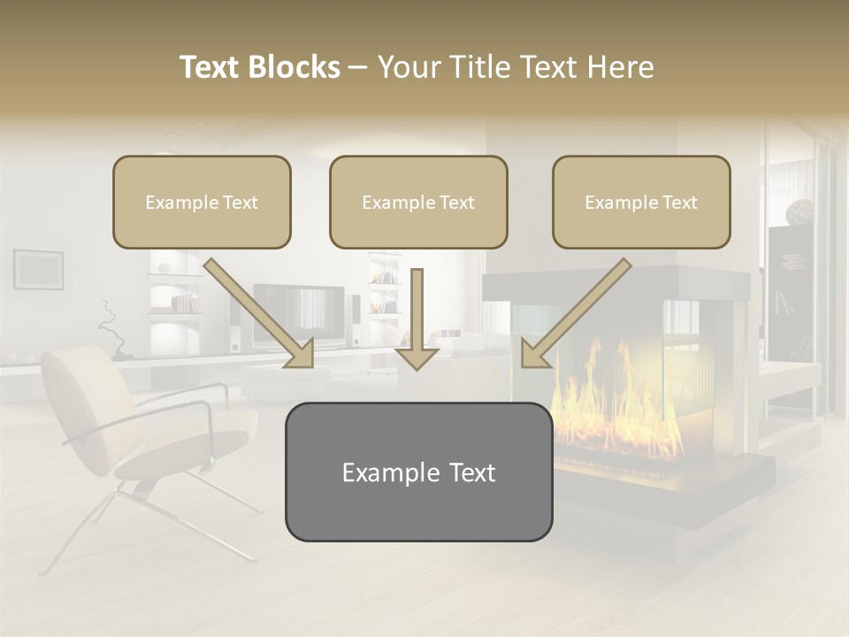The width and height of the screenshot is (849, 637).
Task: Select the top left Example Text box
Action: (x=202, y=202)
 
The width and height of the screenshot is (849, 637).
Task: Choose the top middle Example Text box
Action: (x=418, y=202)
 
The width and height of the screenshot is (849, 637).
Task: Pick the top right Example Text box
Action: (x=641, y=202)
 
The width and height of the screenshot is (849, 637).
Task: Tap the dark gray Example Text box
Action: (x=418, y=472)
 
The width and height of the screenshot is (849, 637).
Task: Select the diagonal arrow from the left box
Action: (x=261, y=314)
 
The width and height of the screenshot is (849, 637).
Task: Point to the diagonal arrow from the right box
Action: (x=575, y=314)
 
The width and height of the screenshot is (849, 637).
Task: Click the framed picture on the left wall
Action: (x=38, y=268)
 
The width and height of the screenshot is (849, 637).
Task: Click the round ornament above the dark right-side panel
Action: (x=800, y=211)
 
